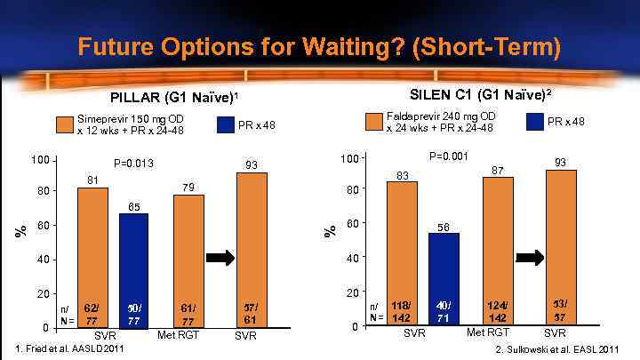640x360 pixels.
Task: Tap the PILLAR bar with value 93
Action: point(252,249)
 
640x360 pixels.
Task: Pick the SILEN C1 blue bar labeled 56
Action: point(444,278)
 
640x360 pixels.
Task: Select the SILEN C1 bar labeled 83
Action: point(402,252)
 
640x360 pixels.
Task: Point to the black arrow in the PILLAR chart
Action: point(219,258)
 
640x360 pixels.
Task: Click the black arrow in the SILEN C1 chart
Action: point(531,257)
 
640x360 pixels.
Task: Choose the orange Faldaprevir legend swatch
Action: point(372,122)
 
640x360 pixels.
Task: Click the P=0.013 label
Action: point(134,164)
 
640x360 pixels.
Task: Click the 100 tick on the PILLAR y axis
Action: point(38,160)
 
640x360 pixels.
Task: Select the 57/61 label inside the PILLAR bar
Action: point(252,313)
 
